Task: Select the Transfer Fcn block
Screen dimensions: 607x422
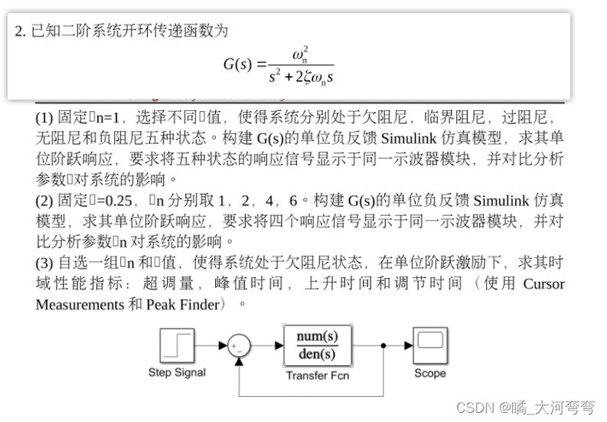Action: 317,346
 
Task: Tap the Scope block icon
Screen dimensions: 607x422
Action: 430,346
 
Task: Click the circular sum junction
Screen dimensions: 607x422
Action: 238,346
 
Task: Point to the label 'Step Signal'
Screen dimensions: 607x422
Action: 177,373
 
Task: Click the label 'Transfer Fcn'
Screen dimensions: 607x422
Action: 317,375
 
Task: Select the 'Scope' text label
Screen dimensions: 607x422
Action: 430,374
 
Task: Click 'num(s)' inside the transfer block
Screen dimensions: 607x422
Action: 317,337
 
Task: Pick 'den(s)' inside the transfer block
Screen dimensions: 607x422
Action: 317,355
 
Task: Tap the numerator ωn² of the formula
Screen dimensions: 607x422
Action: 300,54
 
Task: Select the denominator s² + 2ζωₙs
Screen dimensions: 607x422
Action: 301,77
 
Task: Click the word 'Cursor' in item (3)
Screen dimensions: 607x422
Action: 543,283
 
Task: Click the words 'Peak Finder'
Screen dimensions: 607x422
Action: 182,304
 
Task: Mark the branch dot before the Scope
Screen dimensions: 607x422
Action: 383,346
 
